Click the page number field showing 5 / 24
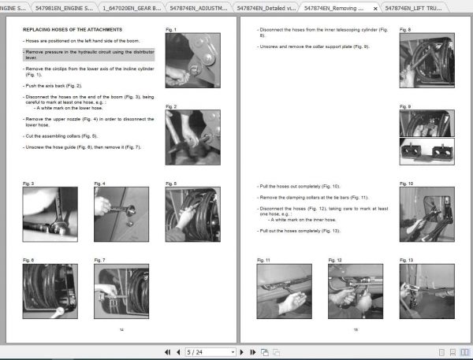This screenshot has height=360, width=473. (209, 351)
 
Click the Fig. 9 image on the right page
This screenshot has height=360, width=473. (426, 135)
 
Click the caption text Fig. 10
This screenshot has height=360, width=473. (407, 184)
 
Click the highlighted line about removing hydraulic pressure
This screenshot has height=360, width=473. (87, 54)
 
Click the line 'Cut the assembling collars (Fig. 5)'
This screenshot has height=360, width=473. (62, 135)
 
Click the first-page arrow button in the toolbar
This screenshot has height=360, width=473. (167, 351)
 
